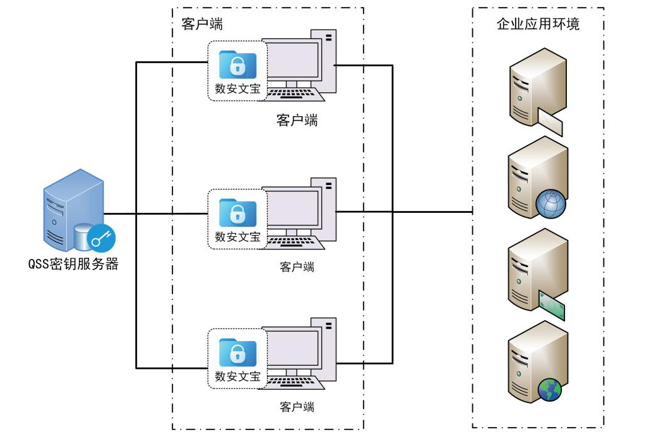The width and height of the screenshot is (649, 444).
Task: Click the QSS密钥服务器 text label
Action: (x=73, y=264)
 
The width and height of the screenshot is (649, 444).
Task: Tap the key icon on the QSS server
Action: (x=101, y=239)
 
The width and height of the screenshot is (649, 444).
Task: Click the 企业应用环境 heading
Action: (x=538, y=25)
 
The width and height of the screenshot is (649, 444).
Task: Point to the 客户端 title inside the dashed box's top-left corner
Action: (x=201, y=25)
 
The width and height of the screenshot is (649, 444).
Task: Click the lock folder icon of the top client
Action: (x=237, y=65)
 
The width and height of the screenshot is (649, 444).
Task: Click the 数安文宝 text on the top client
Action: (x=237, y=89)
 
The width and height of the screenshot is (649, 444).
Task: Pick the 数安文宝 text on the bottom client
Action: (x=237, y=376)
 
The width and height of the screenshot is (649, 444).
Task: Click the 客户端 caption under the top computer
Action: (x=297, y=120)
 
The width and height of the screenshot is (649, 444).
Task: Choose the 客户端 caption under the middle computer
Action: (x=297, y=267)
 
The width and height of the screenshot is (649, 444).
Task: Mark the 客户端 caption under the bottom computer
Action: (x=297, y=407)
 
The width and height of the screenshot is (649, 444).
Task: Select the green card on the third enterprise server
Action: (x=551, y=304)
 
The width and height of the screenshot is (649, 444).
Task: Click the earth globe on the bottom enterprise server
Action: (x=550, y=390)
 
